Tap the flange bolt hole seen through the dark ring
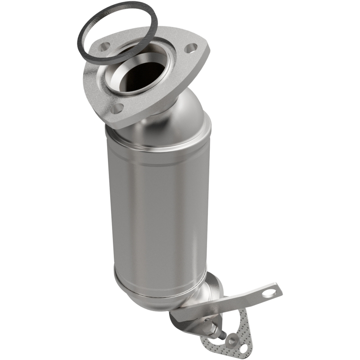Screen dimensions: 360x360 [x=105, y=46]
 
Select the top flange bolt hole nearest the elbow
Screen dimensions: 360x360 [x=117, y=108]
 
